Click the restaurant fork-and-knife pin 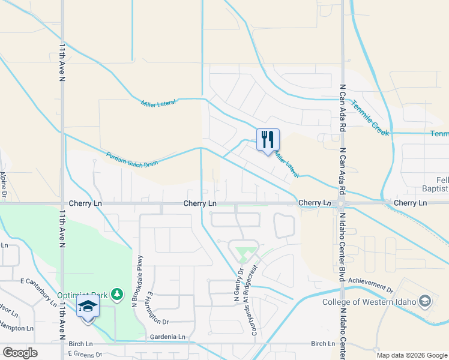[x=268, y=140]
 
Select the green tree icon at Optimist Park [x=118, y=294]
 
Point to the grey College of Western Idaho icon [x=425, y=301]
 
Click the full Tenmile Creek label [x=370, y=116]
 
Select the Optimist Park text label [x=82, y=295]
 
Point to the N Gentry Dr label [x=237, y=286]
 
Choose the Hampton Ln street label [x=17, y=328]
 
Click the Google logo [x=20, y=353]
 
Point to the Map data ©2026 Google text [x=412, y=355]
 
